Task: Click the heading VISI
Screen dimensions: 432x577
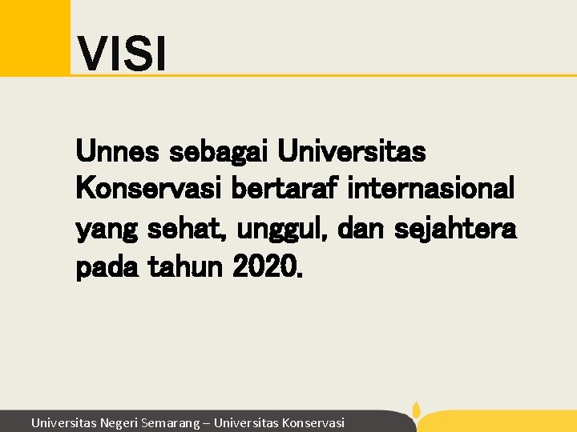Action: [122, 54]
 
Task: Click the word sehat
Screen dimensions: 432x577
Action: [185, 230]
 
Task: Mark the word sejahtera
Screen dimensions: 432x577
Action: [458, 230]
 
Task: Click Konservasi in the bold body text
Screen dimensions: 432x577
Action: [149, 190]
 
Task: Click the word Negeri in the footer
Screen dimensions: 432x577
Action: [119, 422]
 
